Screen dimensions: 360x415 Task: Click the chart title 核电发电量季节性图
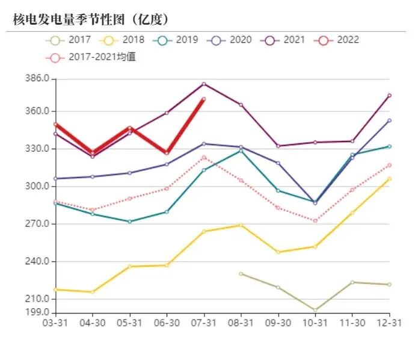(90, 19)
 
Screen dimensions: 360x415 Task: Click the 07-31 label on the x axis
(204, 323)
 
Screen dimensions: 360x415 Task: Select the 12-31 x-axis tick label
(389, 323)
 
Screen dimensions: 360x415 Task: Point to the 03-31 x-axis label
(55, 323)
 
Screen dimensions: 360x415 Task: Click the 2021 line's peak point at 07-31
(204, 84)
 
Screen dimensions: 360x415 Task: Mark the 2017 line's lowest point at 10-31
(315, 311)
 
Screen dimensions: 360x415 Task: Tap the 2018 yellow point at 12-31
(389, 179)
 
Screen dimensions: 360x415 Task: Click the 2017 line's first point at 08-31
(241, 274)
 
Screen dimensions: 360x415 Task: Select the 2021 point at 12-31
(389, 96)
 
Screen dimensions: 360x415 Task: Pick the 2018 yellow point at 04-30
(93, 292)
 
